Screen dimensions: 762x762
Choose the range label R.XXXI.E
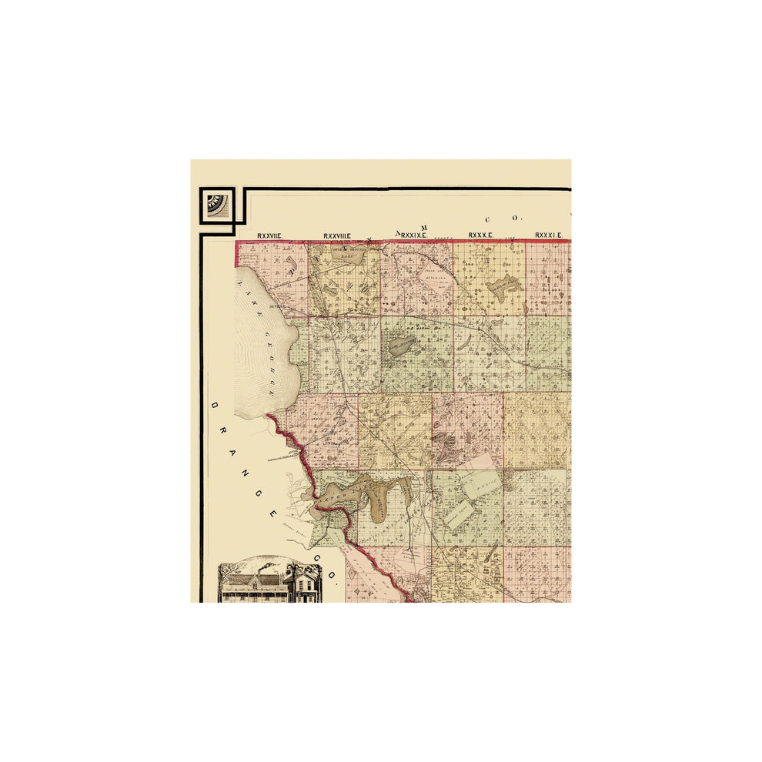coord(550,235)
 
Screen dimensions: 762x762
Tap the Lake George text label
coord(260,339)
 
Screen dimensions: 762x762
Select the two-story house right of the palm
coord(308,586)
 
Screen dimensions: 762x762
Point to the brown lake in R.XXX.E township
coord(504,289)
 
